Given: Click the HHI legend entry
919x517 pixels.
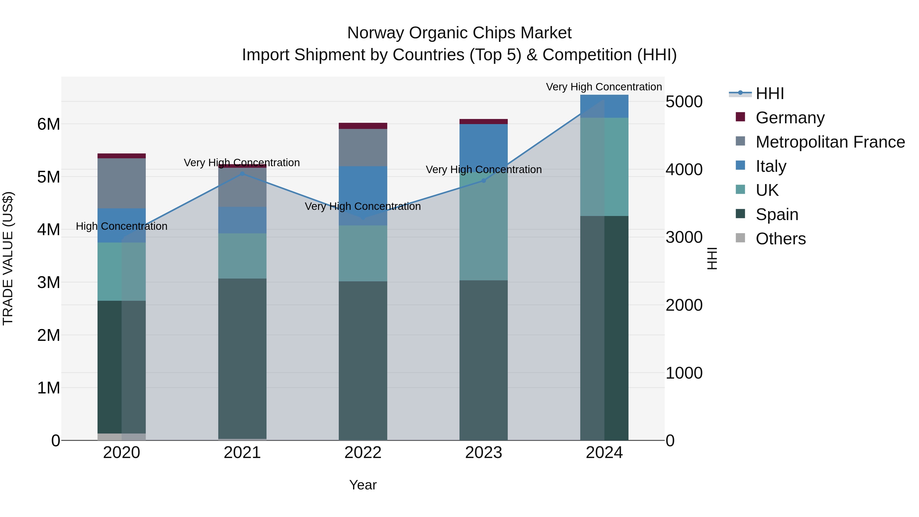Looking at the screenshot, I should pyautogui.click(x=769, y=93).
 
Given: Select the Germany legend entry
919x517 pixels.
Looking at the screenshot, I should pyautogui.click(x=790, y=118).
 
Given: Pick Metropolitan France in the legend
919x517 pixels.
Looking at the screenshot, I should pyautogui.click(x=830, y=142).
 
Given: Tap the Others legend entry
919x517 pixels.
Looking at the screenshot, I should pyautogui.click(x=781, y=239).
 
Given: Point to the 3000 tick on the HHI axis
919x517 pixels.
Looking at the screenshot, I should pyautogui.click(x=684, y=237).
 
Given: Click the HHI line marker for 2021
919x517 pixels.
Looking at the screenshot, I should pyautogui.click(x=242, y=174).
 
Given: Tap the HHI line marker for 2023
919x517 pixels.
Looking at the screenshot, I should pyautogui.click(x=483, y=181).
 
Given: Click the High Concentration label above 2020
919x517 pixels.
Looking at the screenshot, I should pyautogui.click(x=122, y=226).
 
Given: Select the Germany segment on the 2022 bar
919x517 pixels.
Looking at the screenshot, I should pyautogui.click(x=363, y=126).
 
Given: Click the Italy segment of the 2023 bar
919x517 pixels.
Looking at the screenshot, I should pyautogui.click(x=483, y=146).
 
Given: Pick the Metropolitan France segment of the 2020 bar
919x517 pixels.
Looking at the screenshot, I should pyautogui.click(x=122, y=183).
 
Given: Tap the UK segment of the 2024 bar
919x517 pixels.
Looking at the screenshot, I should pyautogui.click(x=604, y=167).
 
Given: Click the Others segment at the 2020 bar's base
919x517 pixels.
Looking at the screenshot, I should pyautogui.click(x=122, y=437).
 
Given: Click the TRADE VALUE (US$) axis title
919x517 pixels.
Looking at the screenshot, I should pyautogui.click(x=8, y=258).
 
